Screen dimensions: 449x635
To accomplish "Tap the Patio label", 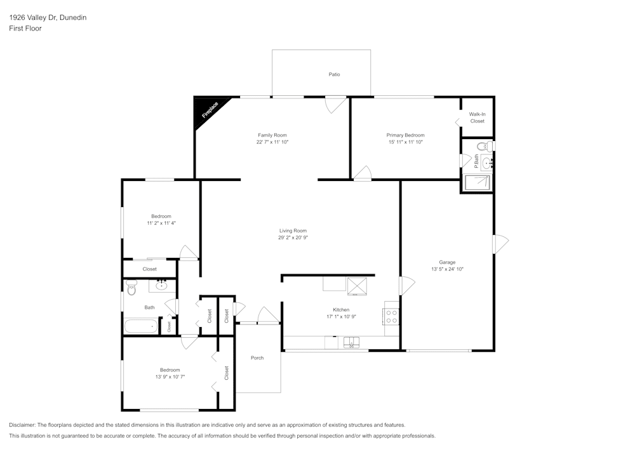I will pos(334,74).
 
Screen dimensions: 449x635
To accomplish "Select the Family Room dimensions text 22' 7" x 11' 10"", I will pos(272,142).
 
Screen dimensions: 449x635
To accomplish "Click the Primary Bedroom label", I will pos(405,135).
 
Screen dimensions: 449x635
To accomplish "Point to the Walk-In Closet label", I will pos(477,117).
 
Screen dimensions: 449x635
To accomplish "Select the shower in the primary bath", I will pos(477,182).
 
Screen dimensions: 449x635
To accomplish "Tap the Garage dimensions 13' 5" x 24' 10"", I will pos(447,269).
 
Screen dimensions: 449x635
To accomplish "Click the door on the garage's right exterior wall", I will pos(500,244).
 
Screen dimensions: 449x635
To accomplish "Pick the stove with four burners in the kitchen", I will pos(391,316).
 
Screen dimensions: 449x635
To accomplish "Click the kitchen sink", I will pos(351,343).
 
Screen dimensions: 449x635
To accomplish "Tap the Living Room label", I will pos(293,231).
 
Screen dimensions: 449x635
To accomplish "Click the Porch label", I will pos(257,358).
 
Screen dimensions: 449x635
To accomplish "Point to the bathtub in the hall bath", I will pos(140,327).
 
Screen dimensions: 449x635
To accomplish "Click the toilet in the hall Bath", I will pos(131,288).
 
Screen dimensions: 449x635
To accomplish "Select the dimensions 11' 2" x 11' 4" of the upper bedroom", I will pos(161,223).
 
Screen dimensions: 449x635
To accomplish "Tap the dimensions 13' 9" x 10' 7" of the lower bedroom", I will pos(170,377).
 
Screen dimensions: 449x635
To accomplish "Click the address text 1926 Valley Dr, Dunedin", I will pos(48,18).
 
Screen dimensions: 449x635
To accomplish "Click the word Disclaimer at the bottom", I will pos(22,425).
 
